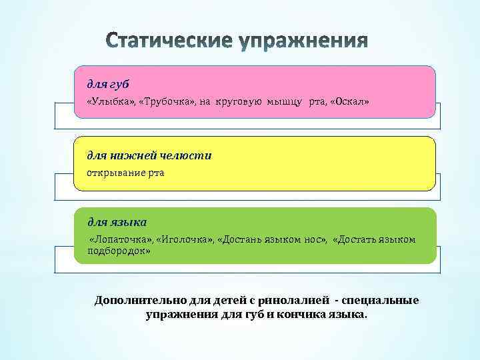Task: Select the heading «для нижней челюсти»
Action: pyautogui.click(x=149, y=155)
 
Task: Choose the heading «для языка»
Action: pyautogui.click(x=117, y=221)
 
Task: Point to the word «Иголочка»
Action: pyautogui.click(x=181, y=239)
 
